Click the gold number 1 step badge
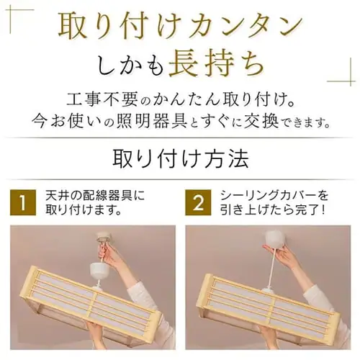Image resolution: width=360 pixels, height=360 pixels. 23,202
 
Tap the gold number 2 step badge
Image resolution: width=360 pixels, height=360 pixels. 198,202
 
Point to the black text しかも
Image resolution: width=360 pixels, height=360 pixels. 130,64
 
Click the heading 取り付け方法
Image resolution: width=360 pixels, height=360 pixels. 181,159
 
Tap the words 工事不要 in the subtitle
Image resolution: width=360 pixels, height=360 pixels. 102,99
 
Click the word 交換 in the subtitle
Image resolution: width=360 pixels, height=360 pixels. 261,121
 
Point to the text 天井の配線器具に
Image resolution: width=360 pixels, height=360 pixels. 95,195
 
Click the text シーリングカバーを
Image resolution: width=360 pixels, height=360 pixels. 274,195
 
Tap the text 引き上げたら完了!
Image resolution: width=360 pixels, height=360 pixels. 273,210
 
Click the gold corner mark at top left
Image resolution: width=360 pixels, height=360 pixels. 10,10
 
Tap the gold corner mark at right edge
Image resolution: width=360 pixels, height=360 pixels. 351,81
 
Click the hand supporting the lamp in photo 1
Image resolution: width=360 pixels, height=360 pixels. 96,329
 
